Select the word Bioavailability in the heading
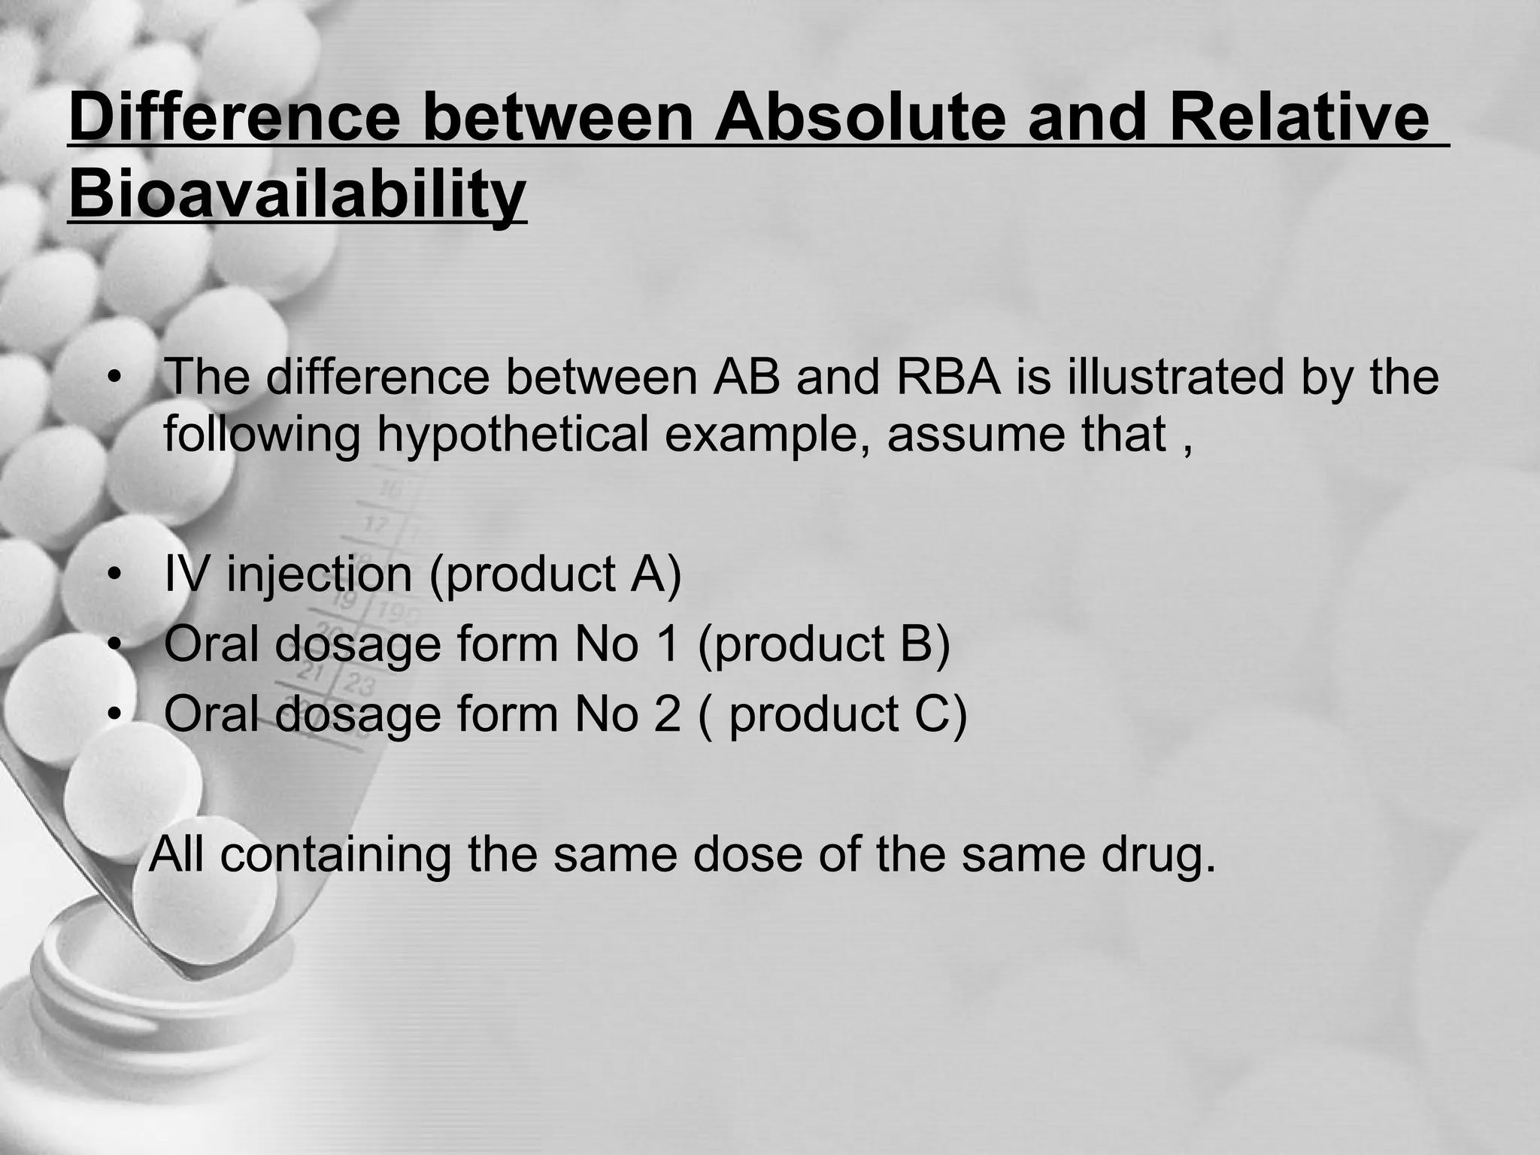(297, 194)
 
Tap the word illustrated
(1175, 377)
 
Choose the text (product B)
(824, 644)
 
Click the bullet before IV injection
(114, 576)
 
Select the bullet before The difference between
(114, 378)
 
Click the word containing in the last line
(335, 855)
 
